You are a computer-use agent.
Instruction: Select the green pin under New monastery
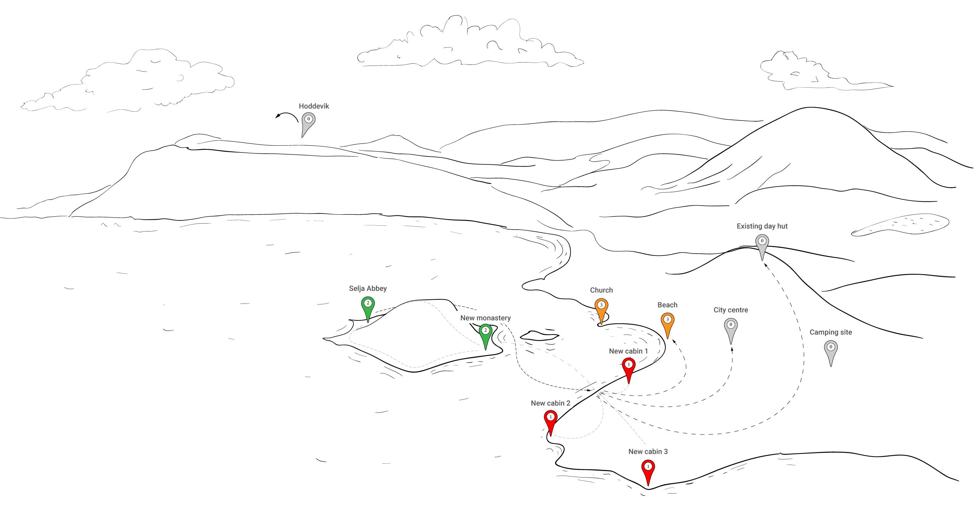tap(485, 332)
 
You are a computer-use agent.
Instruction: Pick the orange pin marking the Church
tap(601, 307)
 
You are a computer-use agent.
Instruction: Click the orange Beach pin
tap(667, 321)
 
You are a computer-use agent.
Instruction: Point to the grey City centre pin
tap(731, 326)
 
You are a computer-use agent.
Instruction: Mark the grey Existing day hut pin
tap(762, 243)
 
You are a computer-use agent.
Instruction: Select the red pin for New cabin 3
tap(648, 468)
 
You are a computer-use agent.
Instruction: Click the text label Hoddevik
tap(314, 106)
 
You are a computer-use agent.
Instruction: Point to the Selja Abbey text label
tap(368, 288)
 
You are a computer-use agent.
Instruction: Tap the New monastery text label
tap(485, 318)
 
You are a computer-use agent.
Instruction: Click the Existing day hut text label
tap(762, 226)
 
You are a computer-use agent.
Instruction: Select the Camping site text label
tap(831, 332)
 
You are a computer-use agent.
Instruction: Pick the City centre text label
tap(731, 310)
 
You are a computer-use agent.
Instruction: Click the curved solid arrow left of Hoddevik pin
tap(287, 116)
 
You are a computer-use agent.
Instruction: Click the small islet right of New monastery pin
tap(540, 336)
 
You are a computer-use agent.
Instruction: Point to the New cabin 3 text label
tap(648, 452)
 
